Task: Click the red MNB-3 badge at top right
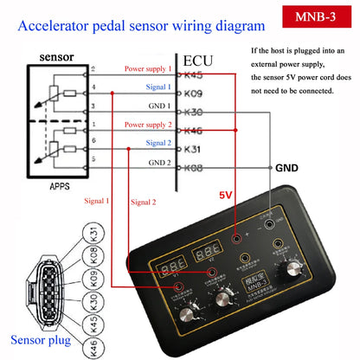315,17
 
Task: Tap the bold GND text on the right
287,168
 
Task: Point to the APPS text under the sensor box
63,183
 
